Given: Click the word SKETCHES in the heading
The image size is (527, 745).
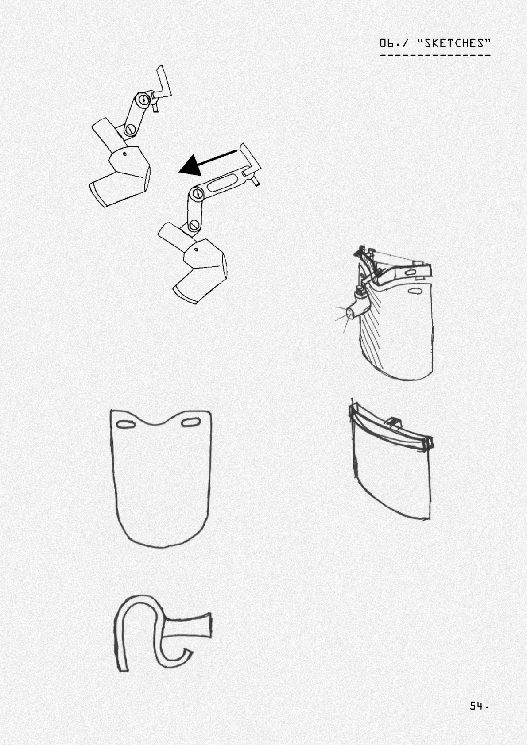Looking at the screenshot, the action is coord(454,43).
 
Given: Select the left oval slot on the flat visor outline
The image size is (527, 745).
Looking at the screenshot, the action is coord(125,425).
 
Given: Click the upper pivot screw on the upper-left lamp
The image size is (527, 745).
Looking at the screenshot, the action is coord(143,100).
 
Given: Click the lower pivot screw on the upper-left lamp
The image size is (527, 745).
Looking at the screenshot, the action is coord(130,129).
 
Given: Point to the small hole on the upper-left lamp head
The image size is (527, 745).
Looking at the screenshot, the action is coord(124,154).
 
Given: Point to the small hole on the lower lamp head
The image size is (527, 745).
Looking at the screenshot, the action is coord(197,250).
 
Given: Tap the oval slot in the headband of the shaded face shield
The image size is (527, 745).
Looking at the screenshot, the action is coord(411,273).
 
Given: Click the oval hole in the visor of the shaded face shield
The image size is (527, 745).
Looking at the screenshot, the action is coord(415,291).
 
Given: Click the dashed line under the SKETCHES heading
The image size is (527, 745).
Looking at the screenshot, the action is coord(435,56).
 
